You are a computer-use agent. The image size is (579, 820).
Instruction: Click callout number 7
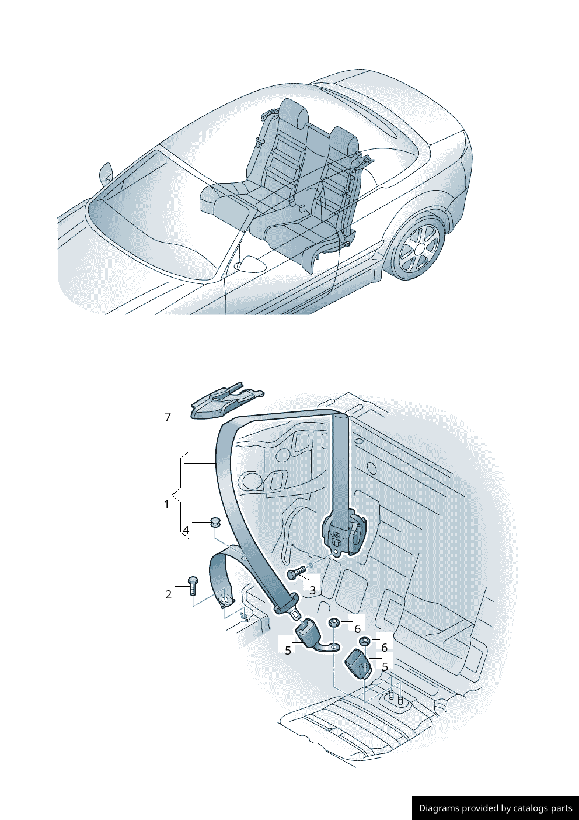click(x=168, y=417)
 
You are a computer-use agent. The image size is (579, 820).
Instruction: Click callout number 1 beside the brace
click(x=167, y=504)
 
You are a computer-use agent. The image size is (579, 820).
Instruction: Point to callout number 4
click(x=186, y=530)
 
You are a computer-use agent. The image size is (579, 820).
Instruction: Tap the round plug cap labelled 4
click(x=215, y=522)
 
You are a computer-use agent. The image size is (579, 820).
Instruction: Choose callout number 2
click(x=168, y=594)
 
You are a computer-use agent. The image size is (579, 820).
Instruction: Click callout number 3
click(x=312, y=590)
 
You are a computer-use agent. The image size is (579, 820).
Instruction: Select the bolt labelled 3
click(x=296, y=572)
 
